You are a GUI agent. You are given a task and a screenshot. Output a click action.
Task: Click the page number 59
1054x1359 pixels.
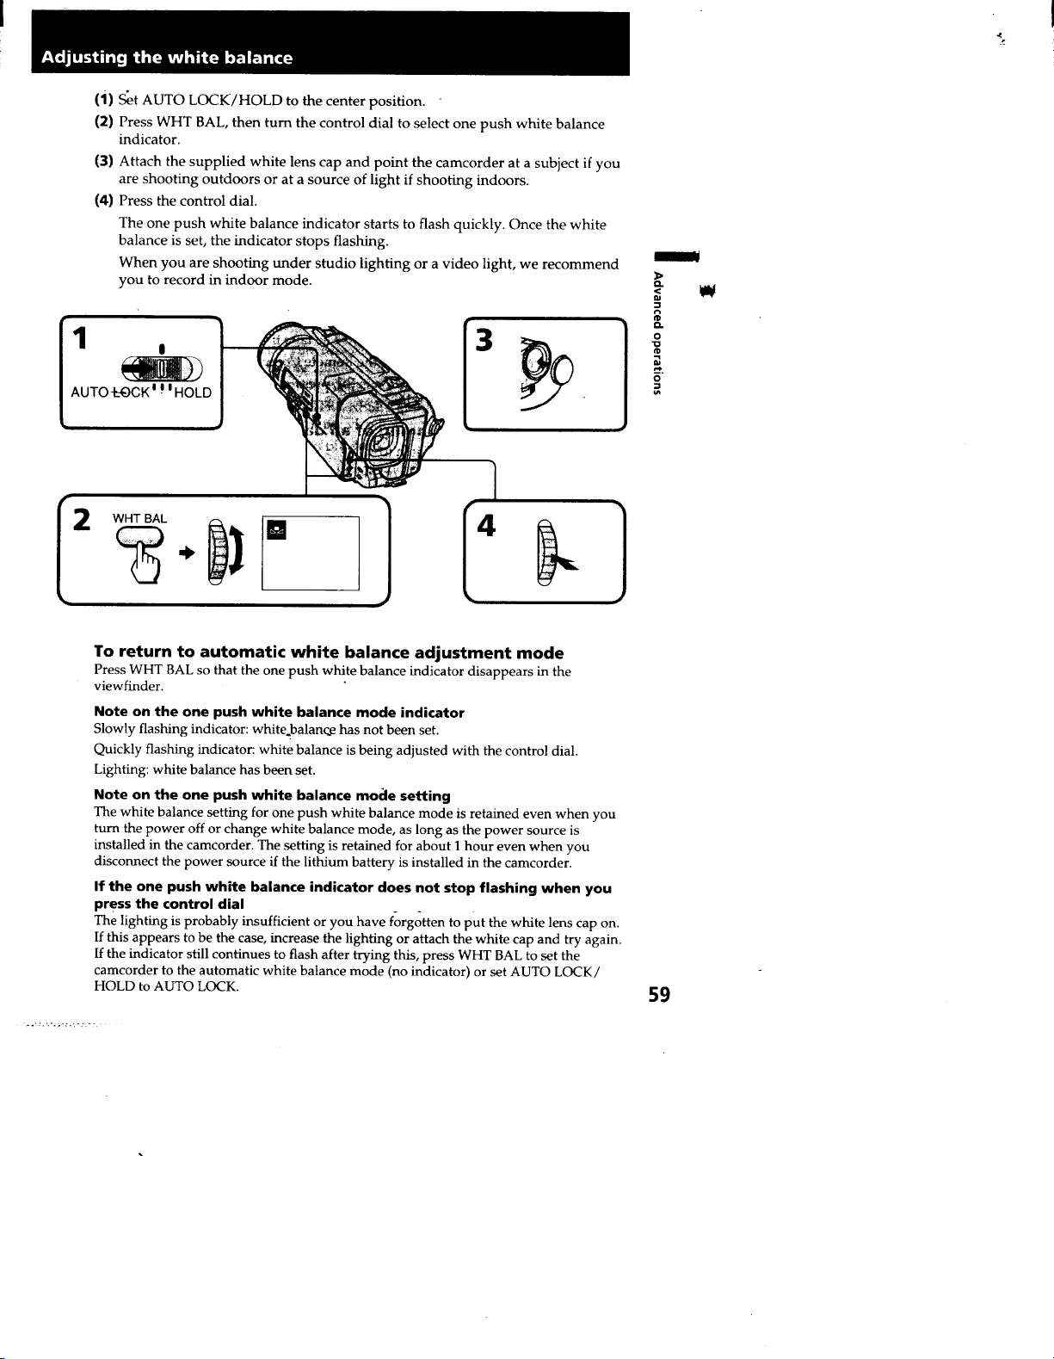click(659, 994)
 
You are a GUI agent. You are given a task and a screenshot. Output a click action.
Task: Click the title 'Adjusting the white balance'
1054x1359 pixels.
click(167, 58)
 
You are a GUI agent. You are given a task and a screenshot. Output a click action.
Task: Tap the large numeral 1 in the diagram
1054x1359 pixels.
click(79, 338)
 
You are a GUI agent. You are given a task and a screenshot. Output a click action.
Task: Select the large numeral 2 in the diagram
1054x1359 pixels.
click(82, 520)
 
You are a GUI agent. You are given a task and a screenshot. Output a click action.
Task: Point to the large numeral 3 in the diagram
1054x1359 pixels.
click(484, 340)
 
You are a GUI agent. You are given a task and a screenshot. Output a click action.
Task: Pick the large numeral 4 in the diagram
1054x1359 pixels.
click(486, 525)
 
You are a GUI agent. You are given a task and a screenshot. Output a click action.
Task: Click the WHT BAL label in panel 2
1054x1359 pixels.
click(139, 518)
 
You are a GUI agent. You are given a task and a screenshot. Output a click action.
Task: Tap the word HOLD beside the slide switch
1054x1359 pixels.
click(193, 392)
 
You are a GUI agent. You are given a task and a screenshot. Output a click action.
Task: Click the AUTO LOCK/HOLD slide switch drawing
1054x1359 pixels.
click(162, 368)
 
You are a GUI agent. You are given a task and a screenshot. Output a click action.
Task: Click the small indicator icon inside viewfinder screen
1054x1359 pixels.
click(276, 529)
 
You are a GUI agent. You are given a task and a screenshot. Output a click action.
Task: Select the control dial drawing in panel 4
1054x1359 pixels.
click(545, 553)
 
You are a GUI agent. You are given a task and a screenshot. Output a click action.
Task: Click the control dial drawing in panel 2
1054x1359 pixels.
click(216, 553)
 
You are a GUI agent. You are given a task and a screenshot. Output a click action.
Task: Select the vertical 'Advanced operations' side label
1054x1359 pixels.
click(656, 333)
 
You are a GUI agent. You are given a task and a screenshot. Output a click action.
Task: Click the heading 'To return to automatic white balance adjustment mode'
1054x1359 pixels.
click(329, 652)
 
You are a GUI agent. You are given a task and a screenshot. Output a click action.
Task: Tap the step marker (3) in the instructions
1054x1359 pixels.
click(104, 161)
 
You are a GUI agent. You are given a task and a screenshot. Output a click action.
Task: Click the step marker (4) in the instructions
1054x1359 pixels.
click(104, 201)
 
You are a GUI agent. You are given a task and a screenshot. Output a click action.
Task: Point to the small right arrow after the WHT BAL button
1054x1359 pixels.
click(187, 553)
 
